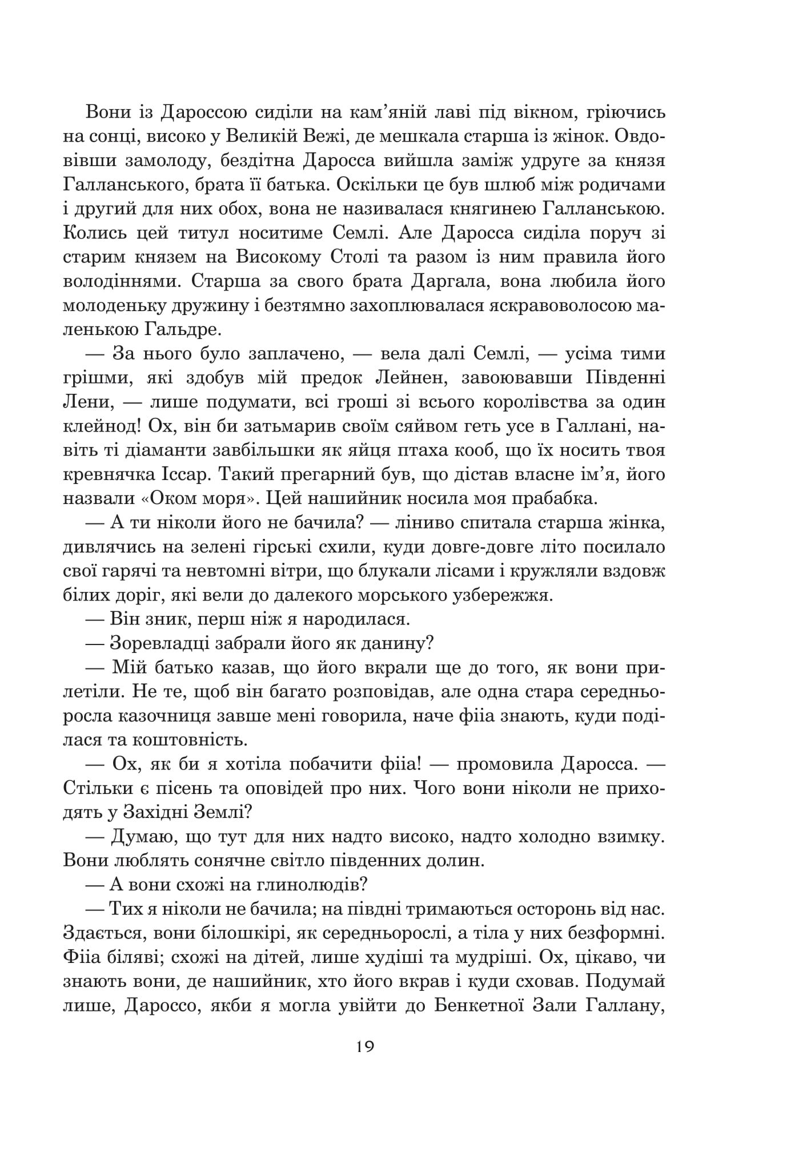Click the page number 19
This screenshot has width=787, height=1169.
(364, 1047)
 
